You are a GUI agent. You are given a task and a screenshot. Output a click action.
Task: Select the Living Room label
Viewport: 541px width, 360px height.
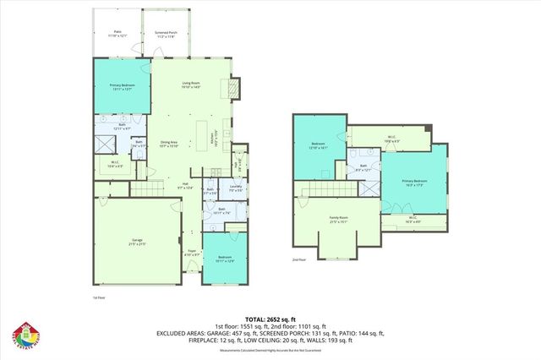pos(191,84)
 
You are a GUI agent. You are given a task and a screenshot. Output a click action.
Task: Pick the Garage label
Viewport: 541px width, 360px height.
pos(138,242)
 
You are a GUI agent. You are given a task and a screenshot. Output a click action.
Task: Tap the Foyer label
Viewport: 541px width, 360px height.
pos(192,252)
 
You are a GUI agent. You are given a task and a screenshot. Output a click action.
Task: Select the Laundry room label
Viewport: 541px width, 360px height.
pos(224,190)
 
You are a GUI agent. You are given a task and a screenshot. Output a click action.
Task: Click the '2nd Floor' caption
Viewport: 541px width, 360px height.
pos(298,259)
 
